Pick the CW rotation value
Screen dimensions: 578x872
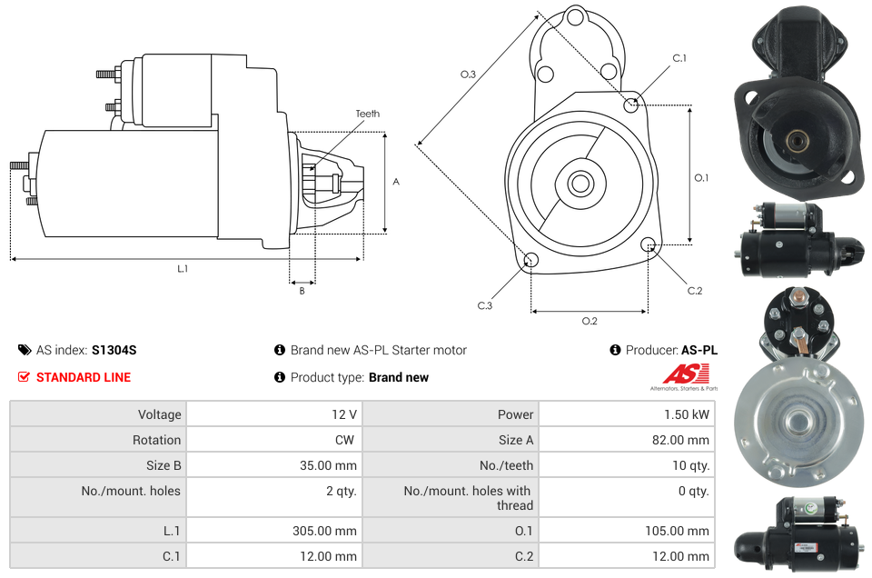coord(346,440)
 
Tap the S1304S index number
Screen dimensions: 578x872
coord(114,350)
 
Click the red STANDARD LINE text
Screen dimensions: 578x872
coord(84,377)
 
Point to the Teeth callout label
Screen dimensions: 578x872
coord(367,114)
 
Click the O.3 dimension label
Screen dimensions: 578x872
coord(468,75)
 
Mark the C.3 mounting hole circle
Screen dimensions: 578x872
coord(530,262)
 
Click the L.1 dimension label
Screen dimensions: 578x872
coord(183,268)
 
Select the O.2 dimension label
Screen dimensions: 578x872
coord(590,320)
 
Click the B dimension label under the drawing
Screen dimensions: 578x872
coord(302,291)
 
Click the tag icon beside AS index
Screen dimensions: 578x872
coord(24,350)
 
